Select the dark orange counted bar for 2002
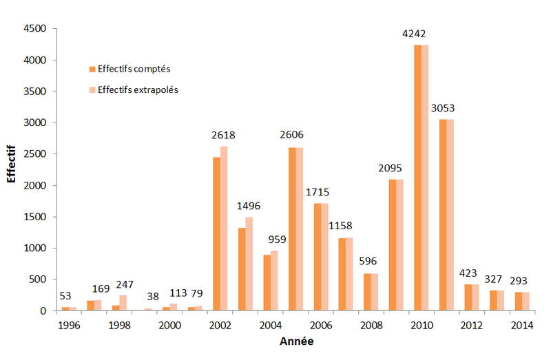tap(217, 234)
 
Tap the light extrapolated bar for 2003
tap(249, 264)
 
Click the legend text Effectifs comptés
tap(134, 69)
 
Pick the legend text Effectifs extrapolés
tap(138, 89)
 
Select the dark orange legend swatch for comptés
tap(92, 69)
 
